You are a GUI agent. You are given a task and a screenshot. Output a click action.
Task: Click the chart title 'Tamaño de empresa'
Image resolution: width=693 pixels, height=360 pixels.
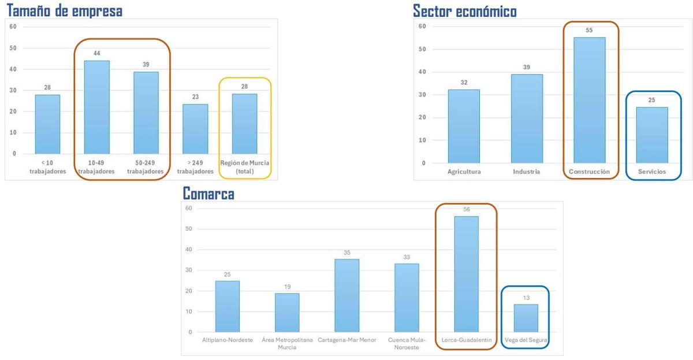point(64,10)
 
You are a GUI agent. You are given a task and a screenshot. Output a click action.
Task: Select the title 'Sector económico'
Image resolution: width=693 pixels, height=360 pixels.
point(464,11)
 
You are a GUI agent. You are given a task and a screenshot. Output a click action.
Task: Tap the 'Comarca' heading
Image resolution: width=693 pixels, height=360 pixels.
point(208,194)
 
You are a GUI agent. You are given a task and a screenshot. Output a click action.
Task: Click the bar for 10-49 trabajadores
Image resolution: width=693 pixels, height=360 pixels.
point(96,107)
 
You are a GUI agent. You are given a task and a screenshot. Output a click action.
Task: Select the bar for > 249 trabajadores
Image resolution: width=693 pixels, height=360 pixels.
point(195,129)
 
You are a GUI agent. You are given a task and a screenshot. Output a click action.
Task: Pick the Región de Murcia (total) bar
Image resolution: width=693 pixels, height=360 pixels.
point(244,124)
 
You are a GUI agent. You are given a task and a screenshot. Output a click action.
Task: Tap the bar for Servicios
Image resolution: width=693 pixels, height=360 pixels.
point(652,135)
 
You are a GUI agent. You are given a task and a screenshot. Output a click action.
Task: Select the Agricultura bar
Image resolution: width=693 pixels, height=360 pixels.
point(464,126)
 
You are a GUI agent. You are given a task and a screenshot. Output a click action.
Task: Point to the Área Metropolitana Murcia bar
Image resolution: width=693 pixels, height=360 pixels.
point(287,313)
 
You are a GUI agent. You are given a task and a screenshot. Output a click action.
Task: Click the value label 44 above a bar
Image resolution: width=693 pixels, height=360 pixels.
point(97,53)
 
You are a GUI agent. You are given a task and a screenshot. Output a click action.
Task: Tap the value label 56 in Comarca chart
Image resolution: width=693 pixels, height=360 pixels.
point(467,209)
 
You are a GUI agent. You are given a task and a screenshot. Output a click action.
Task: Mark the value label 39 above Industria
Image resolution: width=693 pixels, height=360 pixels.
point(527,67)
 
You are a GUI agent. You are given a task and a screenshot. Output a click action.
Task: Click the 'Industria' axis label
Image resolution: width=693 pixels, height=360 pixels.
point(526,172)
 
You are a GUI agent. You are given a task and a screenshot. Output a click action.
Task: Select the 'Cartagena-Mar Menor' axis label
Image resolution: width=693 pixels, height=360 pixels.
point(346,340)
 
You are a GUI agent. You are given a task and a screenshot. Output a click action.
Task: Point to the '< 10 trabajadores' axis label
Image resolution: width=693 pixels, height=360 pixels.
point(48,167)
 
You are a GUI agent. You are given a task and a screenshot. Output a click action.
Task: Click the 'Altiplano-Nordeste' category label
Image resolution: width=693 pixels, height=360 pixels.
point(227,340)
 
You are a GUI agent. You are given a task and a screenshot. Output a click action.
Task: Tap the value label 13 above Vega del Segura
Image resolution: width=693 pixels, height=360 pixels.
point(526,297)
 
